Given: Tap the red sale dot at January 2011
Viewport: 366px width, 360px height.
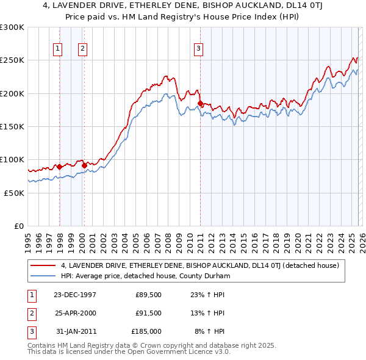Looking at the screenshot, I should click(x=200, y=104).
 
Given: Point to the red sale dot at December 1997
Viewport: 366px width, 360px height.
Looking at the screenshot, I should click(x=59, y=167).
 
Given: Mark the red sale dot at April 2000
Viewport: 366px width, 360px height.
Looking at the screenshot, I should click(x=84, y=165).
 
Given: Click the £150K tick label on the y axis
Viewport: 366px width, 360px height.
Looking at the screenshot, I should click(x=12, y=126).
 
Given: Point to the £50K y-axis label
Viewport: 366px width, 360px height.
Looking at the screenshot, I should click(x=14, y=192).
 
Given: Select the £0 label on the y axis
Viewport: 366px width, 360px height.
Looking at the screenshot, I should click(x=19, y=226).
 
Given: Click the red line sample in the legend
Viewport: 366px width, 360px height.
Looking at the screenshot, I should click(x=43, y=265).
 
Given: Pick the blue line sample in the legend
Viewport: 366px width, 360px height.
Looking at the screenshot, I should click(x=43, y=276).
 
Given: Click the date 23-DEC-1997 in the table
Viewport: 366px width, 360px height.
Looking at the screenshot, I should click(x=75, y=295).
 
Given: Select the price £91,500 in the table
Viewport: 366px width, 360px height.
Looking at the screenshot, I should click(x=148, y=313).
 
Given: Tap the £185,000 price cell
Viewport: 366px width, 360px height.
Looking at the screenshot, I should click(x=147, y=331).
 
